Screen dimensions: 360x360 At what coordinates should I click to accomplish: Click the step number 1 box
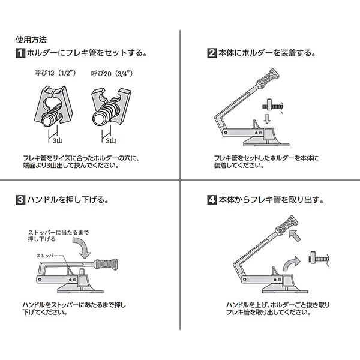click(x=20, y=54)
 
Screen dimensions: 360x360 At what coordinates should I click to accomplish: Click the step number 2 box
click(x=211, y=54)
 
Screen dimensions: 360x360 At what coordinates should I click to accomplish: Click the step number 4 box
click(x=211, y=199)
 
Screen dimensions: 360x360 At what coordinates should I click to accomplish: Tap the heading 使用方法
click(x=32, y=40)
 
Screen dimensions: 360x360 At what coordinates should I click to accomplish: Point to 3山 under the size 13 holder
click(x=57, y=142)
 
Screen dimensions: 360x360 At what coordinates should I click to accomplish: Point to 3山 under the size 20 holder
click(x=110, y=142)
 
